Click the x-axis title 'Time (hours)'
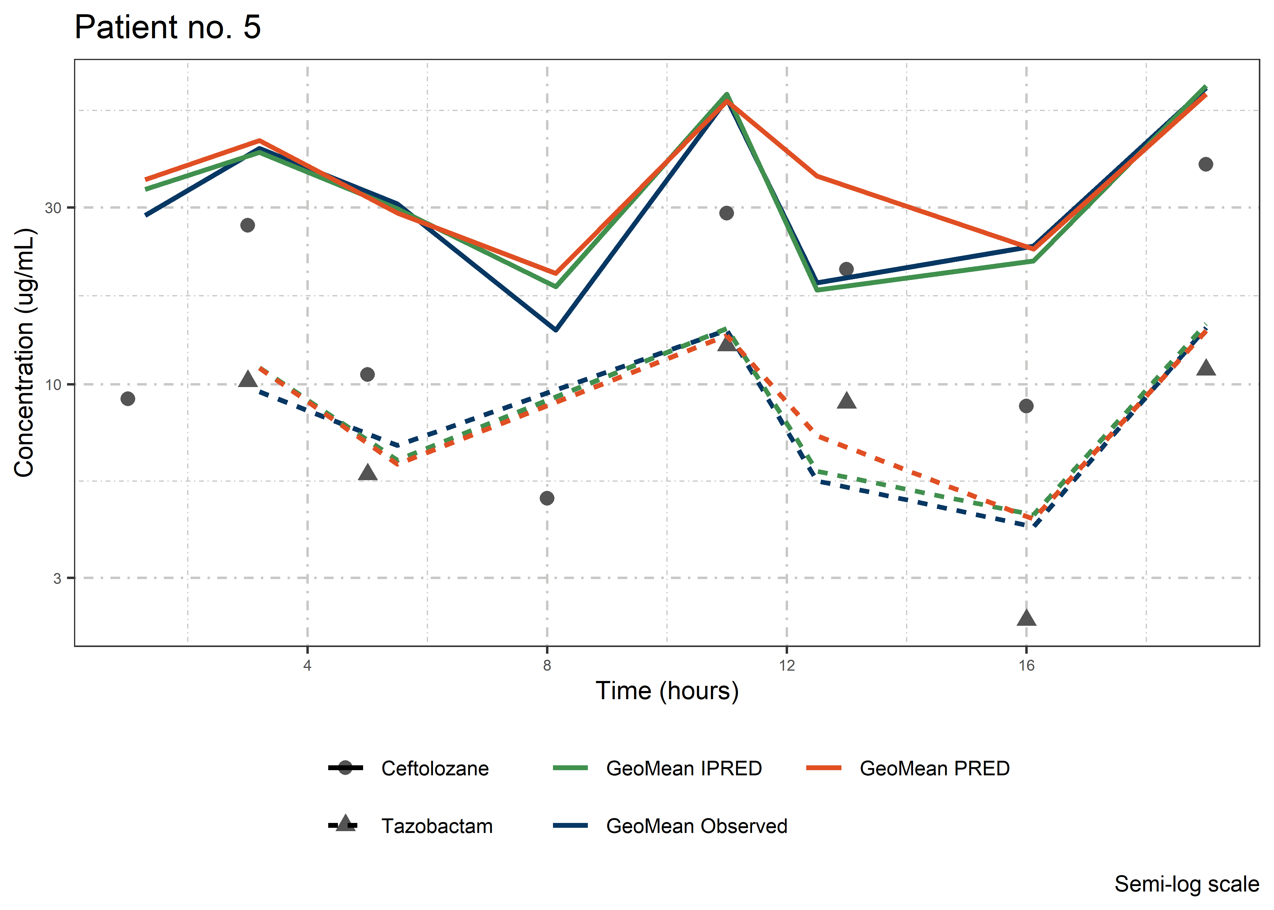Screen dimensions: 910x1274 667,691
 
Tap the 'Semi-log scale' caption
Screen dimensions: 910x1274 1187,884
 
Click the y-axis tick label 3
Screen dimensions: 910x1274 57,578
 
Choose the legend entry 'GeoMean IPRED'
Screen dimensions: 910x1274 683,768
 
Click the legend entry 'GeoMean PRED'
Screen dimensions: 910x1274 935,768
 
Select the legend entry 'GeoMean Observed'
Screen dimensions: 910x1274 696,826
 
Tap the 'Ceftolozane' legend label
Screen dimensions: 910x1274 435,768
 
